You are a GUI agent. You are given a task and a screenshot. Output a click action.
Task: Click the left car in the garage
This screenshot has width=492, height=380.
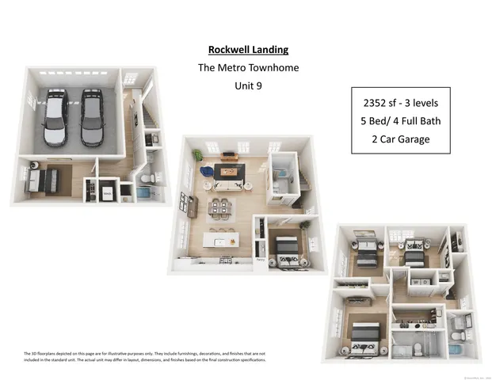57,119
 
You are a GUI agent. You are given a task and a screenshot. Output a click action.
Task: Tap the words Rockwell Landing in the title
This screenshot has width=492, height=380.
248,48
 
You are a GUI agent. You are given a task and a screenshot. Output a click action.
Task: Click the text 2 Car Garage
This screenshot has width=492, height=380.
401,139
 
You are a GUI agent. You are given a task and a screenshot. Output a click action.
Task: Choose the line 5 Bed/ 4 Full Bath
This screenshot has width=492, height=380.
401,121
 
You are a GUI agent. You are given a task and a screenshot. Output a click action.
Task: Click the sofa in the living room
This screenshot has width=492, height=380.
230,185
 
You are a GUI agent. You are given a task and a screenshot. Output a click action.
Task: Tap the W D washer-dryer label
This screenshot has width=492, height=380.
420,281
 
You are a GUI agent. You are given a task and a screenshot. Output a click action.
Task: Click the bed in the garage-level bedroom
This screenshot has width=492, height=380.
40,177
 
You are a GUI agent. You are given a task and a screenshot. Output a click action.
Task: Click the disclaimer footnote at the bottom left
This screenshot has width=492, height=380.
143,356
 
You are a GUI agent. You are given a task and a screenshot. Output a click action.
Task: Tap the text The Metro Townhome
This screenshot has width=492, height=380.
248,67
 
